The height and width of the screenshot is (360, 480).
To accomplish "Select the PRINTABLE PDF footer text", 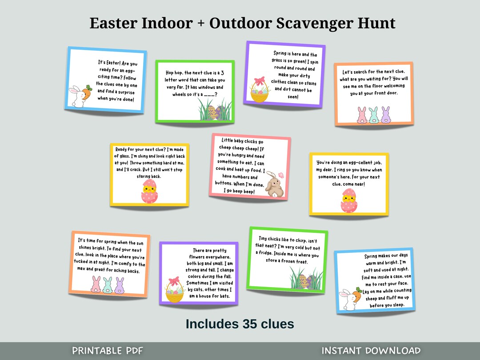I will pyautogui.click(x=108, y=351).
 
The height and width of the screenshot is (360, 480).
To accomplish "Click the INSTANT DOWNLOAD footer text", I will pyautogui.click(x=371, y=351).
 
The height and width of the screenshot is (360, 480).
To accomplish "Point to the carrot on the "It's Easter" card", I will pyautogui.click(x=88, y=94).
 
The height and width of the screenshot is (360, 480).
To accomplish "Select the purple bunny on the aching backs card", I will pyautogui.click(x=119, y=285).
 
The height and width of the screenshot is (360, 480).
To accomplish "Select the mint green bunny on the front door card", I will pyautogui.click(x=374, y=115).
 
